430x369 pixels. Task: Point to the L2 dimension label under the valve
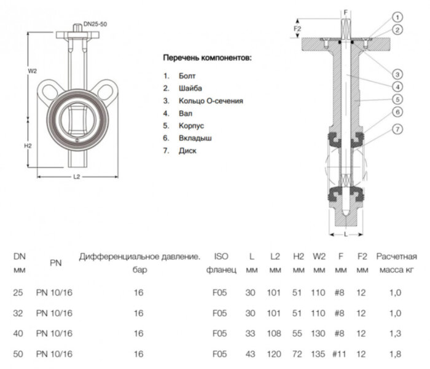(x=77, y=177)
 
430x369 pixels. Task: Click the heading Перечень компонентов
(x=206, y=58)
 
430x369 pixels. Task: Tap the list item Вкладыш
(x=195, y=138)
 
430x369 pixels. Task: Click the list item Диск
(x=188, y=151)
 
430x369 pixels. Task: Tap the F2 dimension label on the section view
(x=297, y=28)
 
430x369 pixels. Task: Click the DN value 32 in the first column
(x=17, y=313)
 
